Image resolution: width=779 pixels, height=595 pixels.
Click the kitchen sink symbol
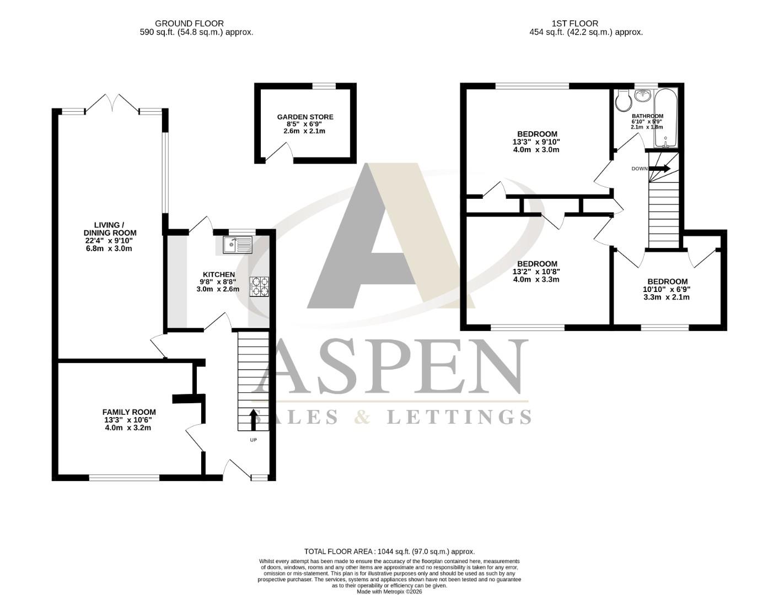point(238,245)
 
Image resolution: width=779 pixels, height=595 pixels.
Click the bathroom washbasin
point(642,96)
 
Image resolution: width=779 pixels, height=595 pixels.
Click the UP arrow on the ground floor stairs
point(254,419)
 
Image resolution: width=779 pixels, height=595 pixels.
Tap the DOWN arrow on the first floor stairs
point(660,169)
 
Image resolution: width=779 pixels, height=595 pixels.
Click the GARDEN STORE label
point(305,117)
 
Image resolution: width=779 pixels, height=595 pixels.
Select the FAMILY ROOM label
point(129,412)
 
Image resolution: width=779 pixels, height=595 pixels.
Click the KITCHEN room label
point(219,274)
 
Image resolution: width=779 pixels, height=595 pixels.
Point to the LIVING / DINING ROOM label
point(107,229)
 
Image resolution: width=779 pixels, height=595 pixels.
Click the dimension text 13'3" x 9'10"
point(537,142)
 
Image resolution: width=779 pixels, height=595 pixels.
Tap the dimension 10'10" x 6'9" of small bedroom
point(667,289)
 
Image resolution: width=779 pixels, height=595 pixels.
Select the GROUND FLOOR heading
point(189,23)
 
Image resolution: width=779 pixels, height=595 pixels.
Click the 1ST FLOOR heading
point(574,23)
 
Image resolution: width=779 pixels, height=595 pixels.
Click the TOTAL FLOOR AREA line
point(389,551)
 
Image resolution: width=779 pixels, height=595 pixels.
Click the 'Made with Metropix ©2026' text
point(389,592)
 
